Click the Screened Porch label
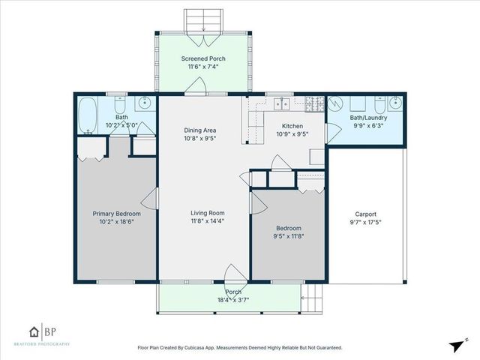point(202,58)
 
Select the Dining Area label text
point(199,129)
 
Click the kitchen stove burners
point(315,103)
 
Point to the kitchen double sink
point(284,103)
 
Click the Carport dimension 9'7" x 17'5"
point(365,222)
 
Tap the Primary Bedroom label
point(116,213)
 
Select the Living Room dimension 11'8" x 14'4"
point(208,221)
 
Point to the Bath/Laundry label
point(367,117)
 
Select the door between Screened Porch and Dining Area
point(195,88)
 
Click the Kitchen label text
point(292,126)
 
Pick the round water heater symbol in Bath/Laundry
point(337,104)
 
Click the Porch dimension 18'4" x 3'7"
point(232,299)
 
